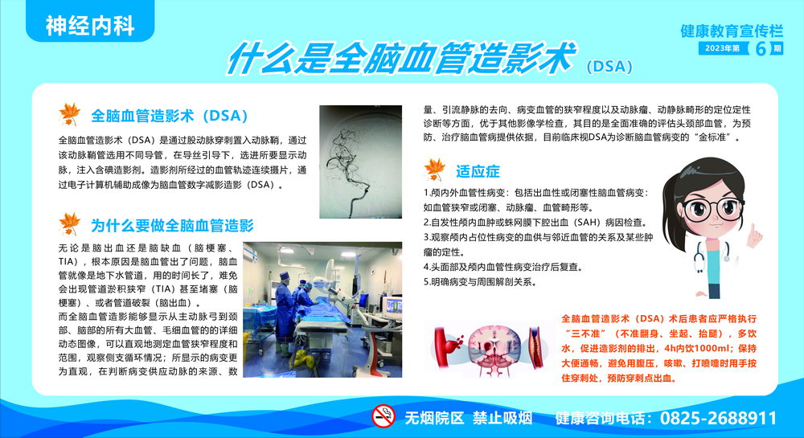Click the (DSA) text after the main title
[609, 67]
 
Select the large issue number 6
[761, 49]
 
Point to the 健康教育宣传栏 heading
[732, 31]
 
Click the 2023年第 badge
[723, 48]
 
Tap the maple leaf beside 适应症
[435, 170]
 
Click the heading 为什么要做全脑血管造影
[172, 225]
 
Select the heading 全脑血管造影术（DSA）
[169, 116]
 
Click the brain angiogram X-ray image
[360, 162]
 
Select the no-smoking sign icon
[384, 416]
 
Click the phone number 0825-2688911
[718, 418]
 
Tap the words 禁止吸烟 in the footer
[503, 418]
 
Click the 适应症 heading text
[478, 172]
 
